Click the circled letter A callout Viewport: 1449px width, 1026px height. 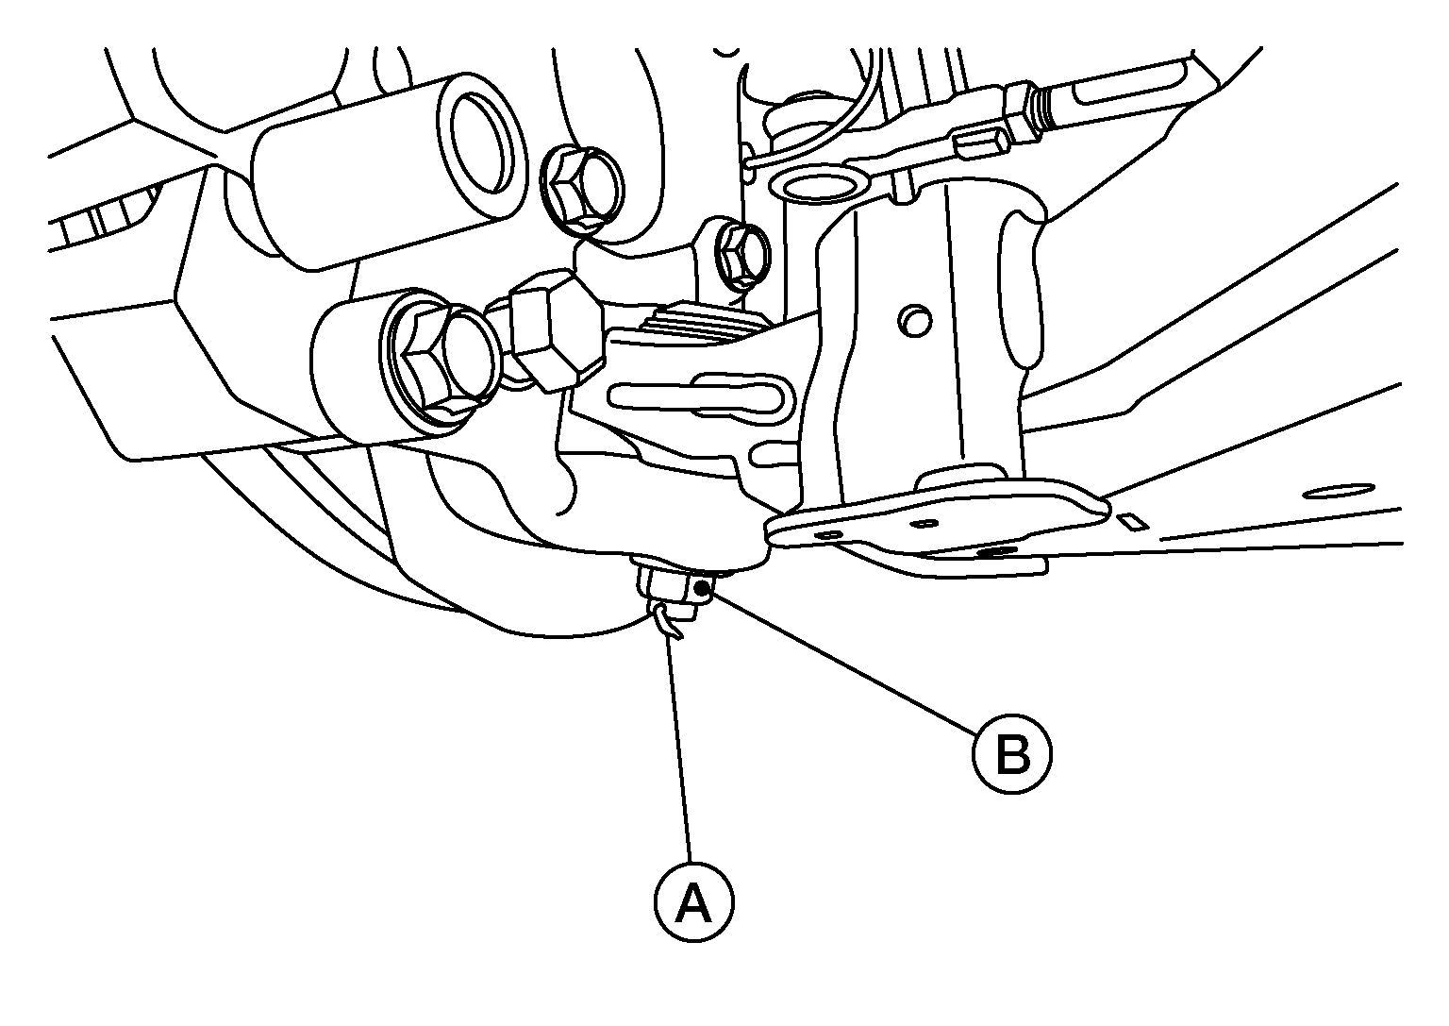tap(693, 901)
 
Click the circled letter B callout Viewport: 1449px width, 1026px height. tap(1012, 753)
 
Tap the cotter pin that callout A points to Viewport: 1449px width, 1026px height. tap(666, 620)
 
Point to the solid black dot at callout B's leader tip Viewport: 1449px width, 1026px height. tap(701, 588)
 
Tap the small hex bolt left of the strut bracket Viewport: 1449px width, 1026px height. tap(741, 257)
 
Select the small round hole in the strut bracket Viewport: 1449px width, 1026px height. tap(915, 321)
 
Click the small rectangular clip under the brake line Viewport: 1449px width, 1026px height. tap(981, 143)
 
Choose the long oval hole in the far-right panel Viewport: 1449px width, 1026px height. tap(1339, 490)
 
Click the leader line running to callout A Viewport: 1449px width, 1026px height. tap(678, 751)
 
